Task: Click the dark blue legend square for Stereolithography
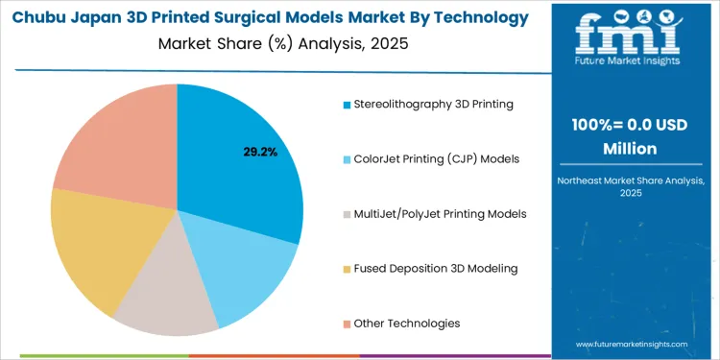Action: [x=347, y=104]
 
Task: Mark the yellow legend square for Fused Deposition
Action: [x=347, y=269]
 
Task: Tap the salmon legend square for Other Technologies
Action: [x=347, y=324]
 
